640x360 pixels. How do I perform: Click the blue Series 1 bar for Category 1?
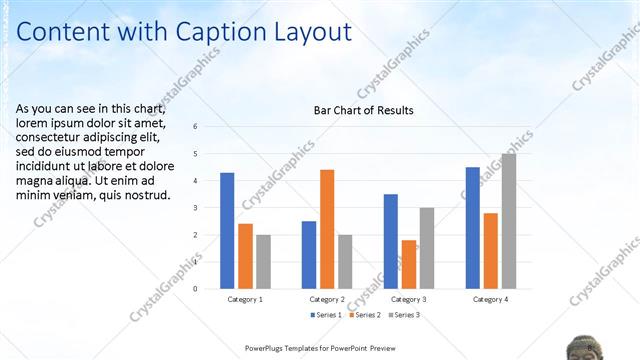227,231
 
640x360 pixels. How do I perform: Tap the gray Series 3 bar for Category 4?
509,221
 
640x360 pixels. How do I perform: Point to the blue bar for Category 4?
473,228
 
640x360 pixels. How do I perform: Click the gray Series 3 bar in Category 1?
263,262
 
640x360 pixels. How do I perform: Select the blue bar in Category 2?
309,255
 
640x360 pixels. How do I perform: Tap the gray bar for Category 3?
427,248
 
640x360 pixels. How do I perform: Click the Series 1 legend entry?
327,315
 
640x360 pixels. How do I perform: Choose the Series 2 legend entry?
363,315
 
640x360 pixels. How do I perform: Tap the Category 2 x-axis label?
327,299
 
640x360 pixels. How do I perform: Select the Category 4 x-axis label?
490,299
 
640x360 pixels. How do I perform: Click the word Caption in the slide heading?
226,33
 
